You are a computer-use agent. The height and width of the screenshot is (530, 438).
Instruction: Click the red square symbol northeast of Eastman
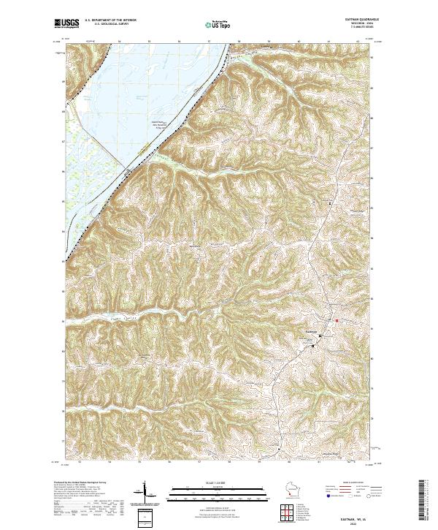(337, 320)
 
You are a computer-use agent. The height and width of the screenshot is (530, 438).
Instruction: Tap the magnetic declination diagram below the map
(143, 493)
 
